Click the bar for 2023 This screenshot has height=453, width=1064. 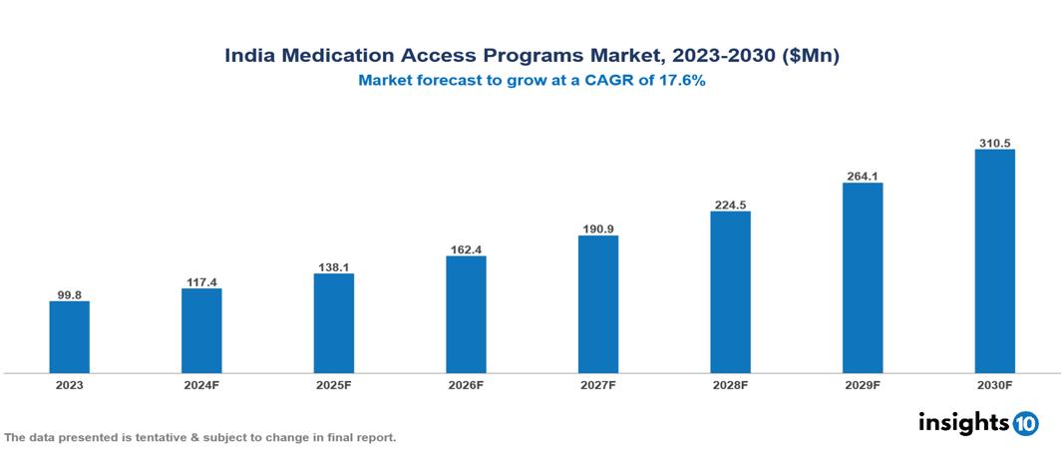pyautogui.click(x=70, y=337)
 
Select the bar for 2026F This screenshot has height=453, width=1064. pyautogui.click(x=466, y=314)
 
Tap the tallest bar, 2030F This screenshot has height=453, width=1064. pyautogui.click(x=994, y=261)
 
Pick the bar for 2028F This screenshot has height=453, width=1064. pyautogui.click(x=730, y=292)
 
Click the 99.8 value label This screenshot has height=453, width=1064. pyautogui.click(x=70, y=294)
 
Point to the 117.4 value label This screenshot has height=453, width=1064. pyautogui.click(x=201, y=282)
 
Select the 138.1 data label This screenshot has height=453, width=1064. pyautogui.click(x=334, y=267)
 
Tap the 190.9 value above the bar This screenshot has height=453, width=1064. pyautogui.click(x=598, y=229)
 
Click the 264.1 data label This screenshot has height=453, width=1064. pyautogui.click(x=863, y=177)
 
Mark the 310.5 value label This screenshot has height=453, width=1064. pyautogui.click(x=994, y=144)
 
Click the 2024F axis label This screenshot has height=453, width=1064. pyautogui.click(x=201, y=385)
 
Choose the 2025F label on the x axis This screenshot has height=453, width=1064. pyautogui.click(x=334, y=385)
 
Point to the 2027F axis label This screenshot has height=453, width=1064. pyautogui.click(x=598, y=385)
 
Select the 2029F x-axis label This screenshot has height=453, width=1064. pyautogui.click(x=863, y=385)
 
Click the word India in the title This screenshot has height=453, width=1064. pyautogui.click(x=249, y=57)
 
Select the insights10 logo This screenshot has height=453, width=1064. pyautogui.click(x=978, y=423)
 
